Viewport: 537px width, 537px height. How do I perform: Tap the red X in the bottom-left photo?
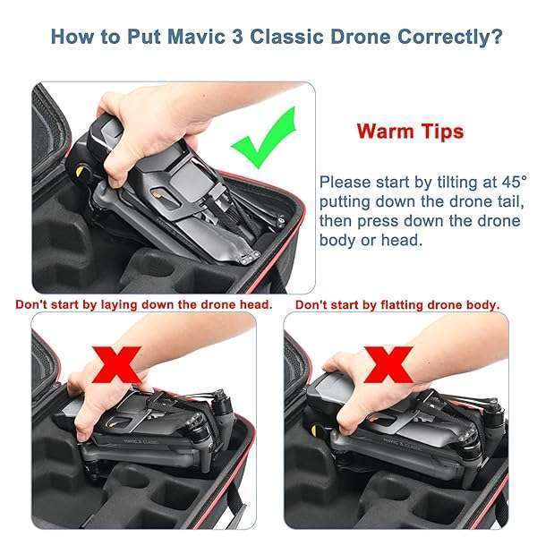[x=116, y=365]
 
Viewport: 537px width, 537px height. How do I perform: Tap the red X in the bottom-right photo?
[x=388, y=364]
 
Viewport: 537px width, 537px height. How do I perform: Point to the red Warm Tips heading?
[x=410, y=132]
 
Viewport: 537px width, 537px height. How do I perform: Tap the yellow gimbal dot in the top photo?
[x=79, y=172]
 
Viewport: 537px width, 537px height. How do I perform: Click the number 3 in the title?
[x=237, y=37]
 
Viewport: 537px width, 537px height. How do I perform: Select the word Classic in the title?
[x=286, y=37]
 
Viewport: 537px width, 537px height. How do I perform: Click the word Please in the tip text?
[x=345, y=182]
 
